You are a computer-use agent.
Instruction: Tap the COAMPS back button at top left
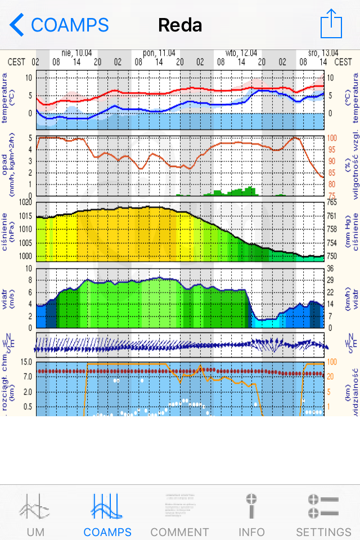click(59, 25)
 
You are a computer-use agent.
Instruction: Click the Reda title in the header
click(180, 25)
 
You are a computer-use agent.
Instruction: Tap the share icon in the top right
click(331, 24)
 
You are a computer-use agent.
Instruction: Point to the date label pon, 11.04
click(158, 53)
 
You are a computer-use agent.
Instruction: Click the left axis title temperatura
click(7, 99)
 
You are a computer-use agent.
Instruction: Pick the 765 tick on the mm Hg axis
click(332, 202)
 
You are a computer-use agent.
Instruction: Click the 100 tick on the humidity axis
click(332, 138)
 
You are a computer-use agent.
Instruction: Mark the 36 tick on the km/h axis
click(332, 269)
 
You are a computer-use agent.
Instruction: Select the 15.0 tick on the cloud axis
click(25, 361)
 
